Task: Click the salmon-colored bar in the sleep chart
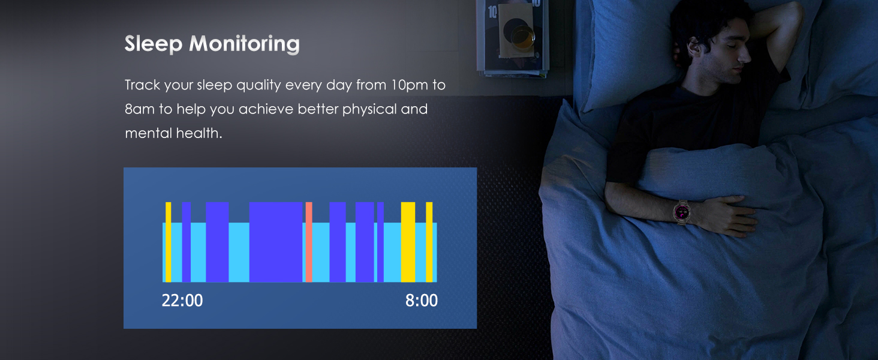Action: (309, 242)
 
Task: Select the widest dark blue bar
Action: (276, 242)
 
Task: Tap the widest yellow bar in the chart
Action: (408, 242)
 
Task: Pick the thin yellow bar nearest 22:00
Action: (169, 242)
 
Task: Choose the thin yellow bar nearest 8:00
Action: (429, 242)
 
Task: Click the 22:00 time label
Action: (182, 301)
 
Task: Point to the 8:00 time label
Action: (422, 301)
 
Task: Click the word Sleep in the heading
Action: (152, 44)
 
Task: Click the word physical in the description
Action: (365, 110)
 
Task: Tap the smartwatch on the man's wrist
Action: (682, 211)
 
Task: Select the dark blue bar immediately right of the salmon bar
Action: (338, 242)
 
